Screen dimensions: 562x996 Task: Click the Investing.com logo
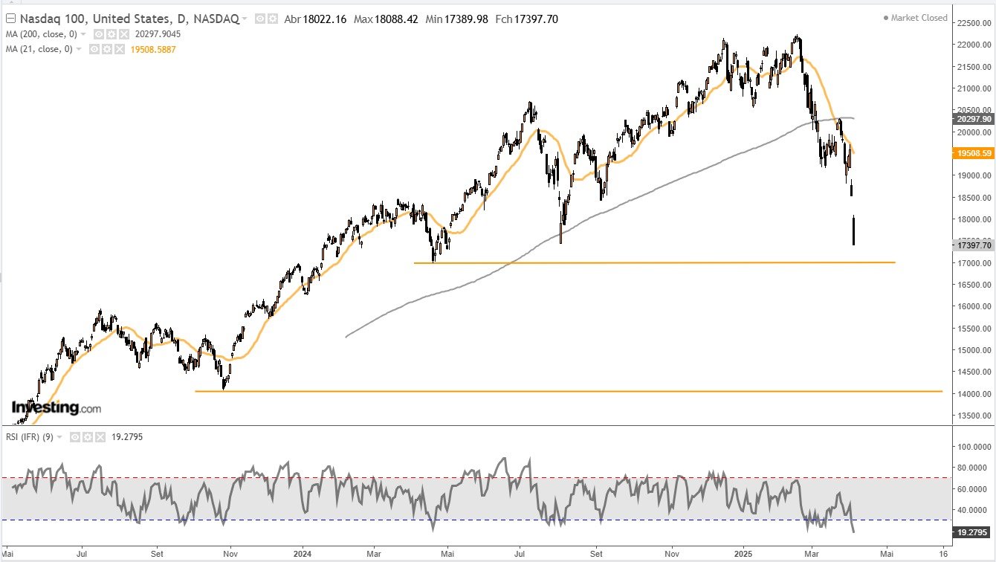(x=56, y=407)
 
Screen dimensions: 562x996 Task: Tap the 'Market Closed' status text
(x=919, y=18)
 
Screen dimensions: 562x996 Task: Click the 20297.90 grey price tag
(x=971, y=119)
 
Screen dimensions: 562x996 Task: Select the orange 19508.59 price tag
(x=971, y=153)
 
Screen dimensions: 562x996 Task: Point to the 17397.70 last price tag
(x=971, y=245)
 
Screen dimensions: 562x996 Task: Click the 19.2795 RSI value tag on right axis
(x=971, y=532)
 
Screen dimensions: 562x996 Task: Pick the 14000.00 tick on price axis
(x=971, y=393)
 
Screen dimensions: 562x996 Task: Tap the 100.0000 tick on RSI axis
(x=971, y=447)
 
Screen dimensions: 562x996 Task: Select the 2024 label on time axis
(x=302, y=554)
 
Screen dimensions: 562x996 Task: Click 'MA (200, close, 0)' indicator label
(x=42, y=34)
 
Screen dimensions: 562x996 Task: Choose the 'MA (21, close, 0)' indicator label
(x=39, y=49)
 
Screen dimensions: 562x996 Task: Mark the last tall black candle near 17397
(x=854, y=230)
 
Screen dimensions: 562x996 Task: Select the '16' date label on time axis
(x=942, y=554)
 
